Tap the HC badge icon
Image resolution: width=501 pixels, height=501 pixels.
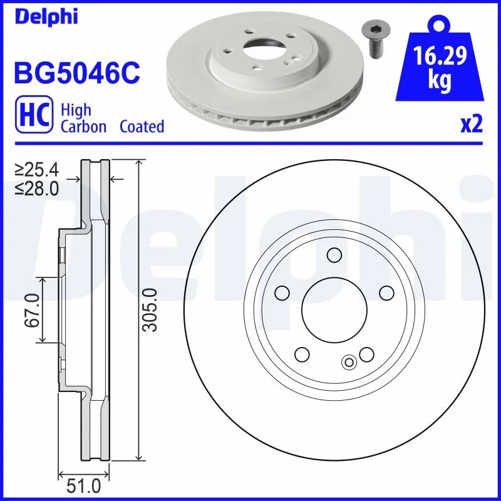coord(34,116)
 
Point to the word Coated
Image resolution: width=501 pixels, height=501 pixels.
coord(142,127)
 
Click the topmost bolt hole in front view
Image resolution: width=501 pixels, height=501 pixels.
coord(334,255)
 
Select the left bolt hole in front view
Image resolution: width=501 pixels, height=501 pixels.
coord(282,292)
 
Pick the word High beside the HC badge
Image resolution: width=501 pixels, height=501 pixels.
coord(76,110)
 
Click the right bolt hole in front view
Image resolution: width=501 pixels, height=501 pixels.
coord(386,292)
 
